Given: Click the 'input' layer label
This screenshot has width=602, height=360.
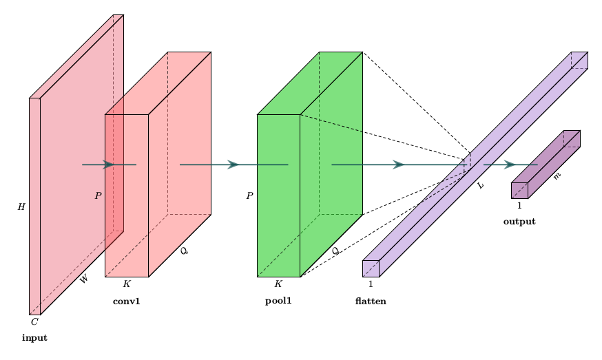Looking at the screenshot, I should (34, 338).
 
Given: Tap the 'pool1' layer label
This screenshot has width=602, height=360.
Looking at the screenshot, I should (278, 301).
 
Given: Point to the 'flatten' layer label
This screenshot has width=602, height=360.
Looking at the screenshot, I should (371, 301).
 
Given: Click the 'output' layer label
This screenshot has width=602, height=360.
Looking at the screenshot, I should (519, 222).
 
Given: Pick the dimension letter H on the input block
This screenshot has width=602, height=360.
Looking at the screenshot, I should (21, 207).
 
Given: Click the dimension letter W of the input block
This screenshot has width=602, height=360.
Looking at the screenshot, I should (84, 279).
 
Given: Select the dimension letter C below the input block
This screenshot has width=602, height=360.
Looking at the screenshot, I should (34, 321).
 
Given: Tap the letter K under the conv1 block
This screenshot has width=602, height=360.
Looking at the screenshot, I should (126, 284).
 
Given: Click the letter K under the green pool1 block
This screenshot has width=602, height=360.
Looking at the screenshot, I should (278, 284).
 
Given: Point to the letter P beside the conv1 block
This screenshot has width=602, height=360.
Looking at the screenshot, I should (98, 195).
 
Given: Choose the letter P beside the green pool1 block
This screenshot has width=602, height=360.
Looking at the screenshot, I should (249, 195).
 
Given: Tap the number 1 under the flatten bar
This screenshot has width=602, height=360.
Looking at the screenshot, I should (371, 284).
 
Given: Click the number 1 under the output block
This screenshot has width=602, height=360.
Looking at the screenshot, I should (519, 205).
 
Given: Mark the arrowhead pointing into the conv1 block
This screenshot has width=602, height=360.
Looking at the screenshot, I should (109, 165).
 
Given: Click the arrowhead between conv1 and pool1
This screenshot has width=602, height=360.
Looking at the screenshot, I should (233, 165).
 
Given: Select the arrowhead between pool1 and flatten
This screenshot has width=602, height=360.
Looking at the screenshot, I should (398, 165).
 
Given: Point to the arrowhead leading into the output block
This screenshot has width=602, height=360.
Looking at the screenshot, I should (510, 165).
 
